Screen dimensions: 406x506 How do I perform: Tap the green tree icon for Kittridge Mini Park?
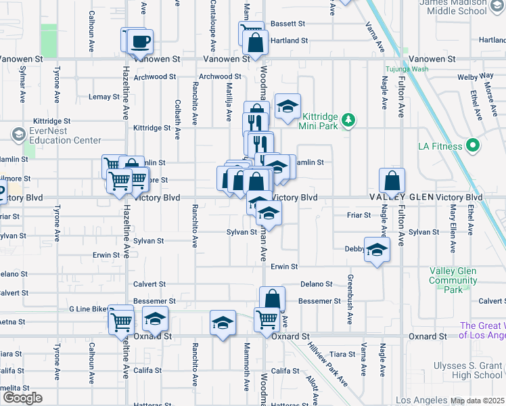348,120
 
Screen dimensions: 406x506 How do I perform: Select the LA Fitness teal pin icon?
473,146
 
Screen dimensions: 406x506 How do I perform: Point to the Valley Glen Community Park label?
453,280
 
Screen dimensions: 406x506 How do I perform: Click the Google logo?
22,398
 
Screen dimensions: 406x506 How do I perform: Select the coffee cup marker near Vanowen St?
141,41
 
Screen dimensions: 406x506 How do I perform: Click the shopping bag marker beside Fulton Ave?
392,181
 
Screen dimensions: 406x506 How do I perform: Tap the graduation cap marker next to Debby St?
377,250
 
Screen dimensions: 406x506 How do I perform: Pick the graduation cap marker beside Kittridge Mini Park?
287,106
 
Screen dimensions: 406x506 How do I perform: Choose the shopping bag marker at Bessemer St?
272,298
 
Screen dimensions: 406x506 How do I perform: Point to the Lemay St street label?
103,97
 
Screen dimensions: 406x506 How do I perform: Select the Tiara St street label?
342,355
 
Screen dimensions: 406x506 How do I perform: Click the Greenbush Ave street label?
350,300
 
